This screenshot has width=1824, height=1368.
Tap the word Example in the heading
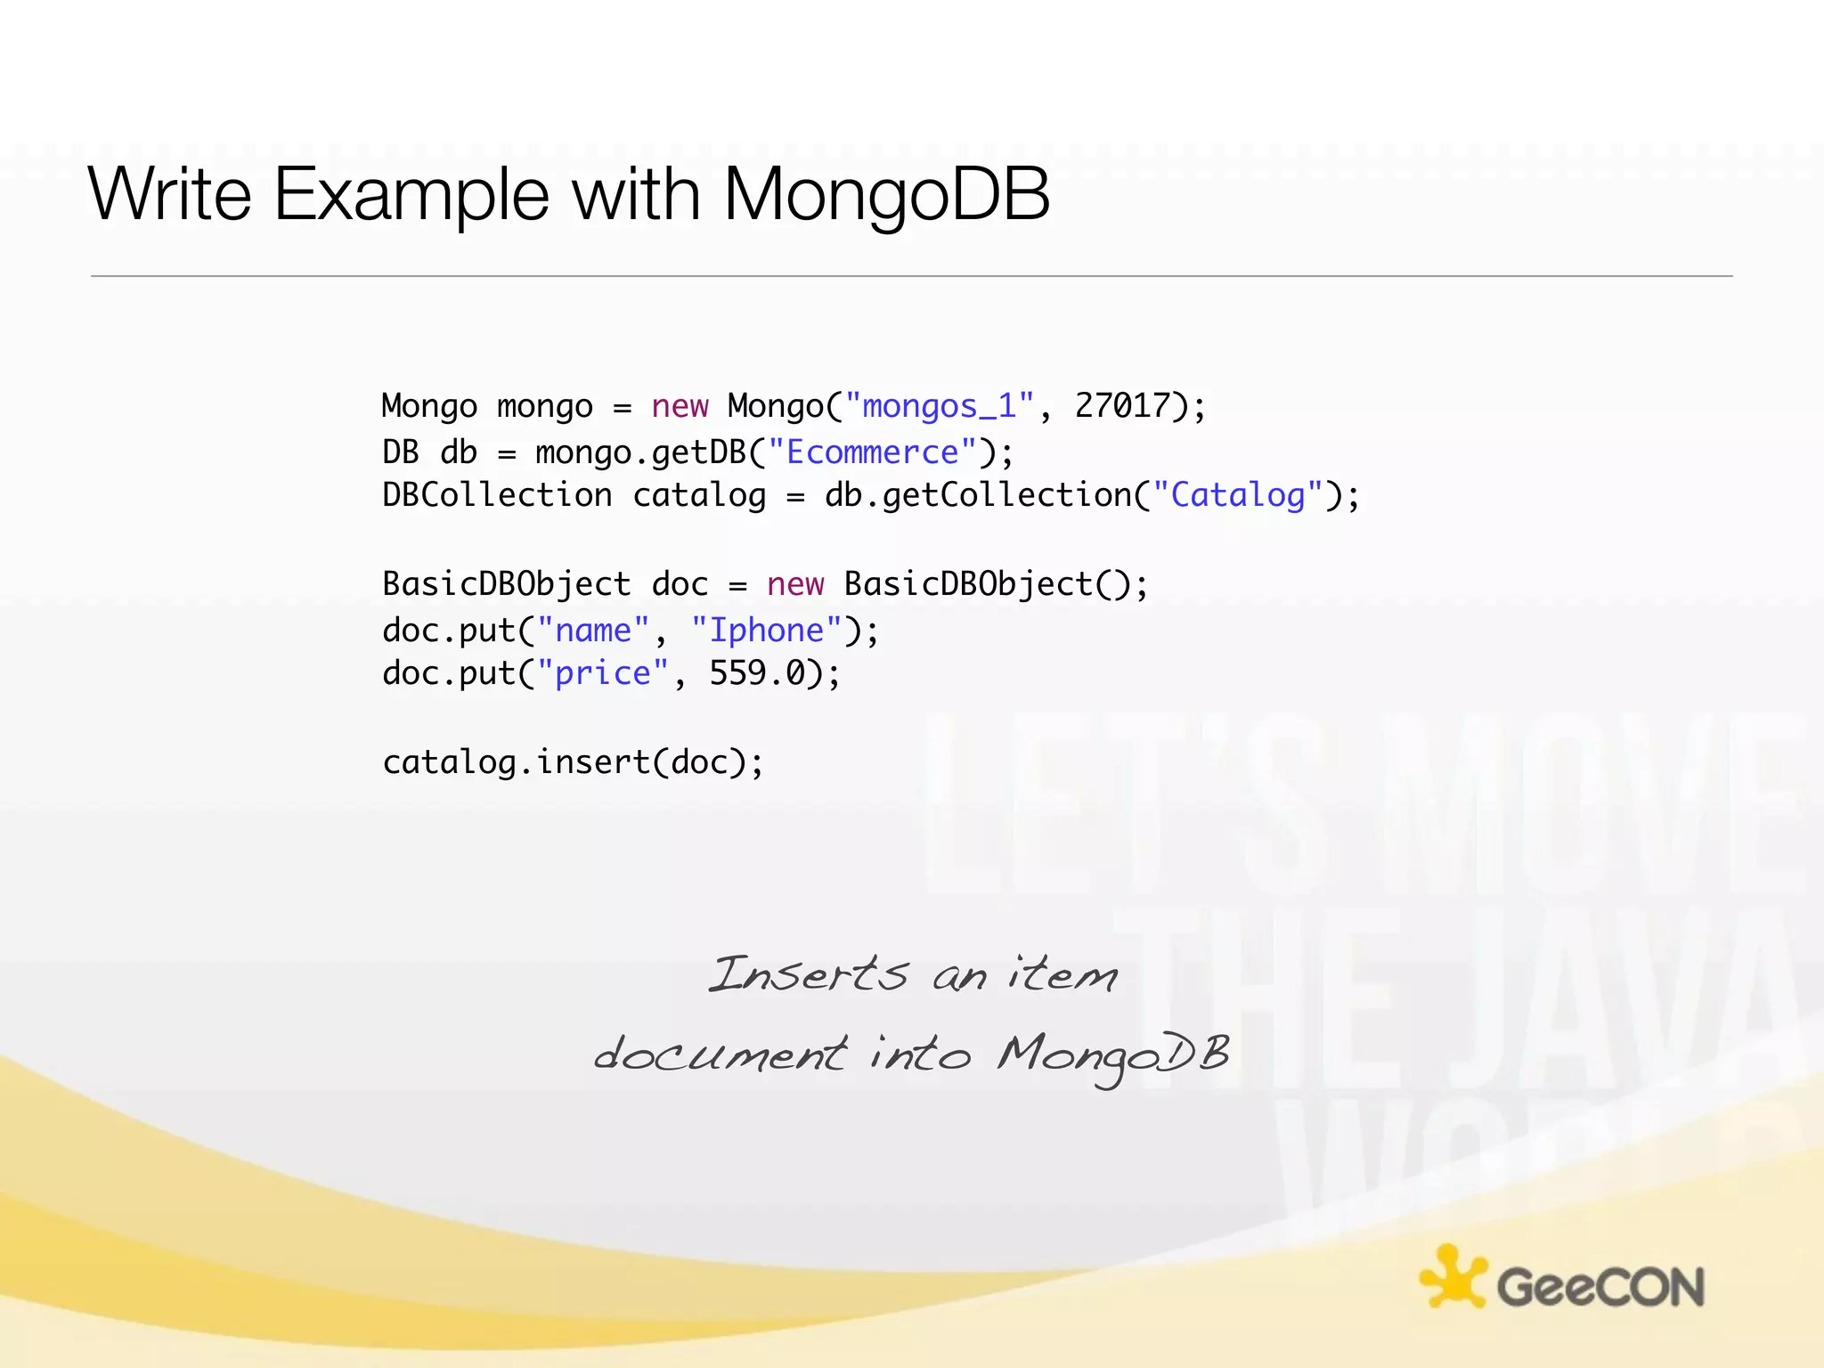[x=411, y=195]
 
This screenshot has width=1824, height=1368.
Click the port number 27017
[x=1122, y=405]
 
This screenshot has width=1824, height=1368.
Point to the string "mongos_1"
[x=939, y=406]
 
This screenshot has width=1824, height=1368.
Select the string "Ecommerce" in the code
[x=872, y=452]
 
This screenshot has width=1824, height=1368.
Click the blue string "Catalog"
[x=1237, y=495]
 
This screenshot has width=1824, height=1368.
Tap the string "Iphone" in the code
[x=766, y=631]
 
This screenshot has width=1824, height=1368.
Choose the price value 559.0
[x=757, y=673]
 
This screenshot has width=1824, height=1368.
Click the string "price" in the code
[x=602, y=673]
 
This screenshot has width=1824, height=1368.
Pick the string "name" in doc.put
[x=592, y=631]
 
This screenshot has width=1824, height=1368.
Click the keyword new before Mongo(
[x=680, y=406]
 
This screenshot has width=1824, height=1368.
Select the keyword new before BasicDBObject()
[x=795, y=584]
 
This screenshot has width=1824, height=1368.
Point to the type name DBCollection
[x=497, y=495]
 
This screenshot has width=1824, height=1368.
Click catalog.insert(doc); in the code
[x=573, y=762]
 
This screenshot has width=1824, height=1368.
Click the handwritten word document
[x=720, y=1054]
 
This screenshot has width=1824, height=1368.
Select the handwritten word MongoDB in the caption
[x=1113, y=1056]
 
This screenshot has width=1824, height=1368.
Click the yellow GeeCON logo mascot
[x=1453, y=1277]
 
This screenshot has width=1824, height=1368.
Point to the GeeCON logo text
[x=1600, y=1288]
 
